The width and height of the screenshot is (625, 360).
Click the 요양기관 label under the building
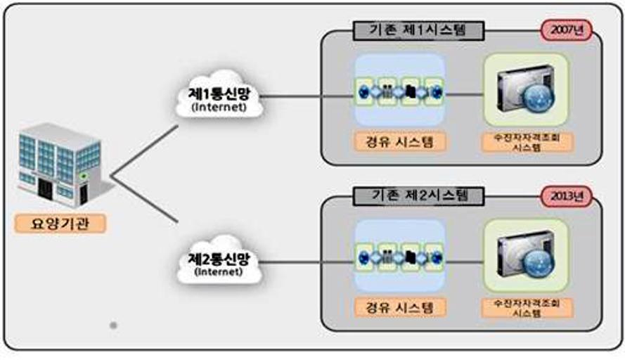point(60,224)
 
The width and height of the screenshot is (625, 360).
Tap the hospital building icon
point(60,165)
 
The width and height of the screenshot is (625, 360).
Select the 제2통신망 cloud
point(219,260)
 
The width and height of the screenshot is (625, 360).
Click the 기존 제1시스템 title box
point(418,31)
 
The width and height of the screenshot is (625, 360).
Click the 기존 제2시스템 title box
point(418,195)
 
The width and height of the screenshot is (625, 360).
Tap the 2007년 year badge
point(567,30)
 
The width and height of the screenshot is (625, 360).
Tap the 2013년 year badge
point(567,195)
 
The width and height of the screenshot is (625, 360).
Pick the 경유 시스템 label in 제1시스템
point(400,141)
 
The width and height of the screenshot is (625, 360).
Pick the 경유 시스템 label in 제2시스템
point(400,307)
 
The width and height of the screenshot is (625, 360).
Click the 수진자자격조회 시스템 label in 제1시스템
point(527,142)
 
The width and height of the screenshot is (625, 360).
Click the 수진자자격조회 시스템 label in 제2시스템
point(527,308)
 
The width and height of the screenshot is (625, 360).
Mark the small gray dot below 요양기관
point(113,326)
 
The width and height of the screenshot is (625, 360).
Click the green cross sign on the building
point(83,176)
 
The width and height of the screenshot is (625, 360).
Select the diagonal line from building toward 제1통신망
point(144,150)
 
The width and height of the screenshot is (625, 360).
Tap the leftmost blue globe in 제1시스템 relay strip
point(364,92)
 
